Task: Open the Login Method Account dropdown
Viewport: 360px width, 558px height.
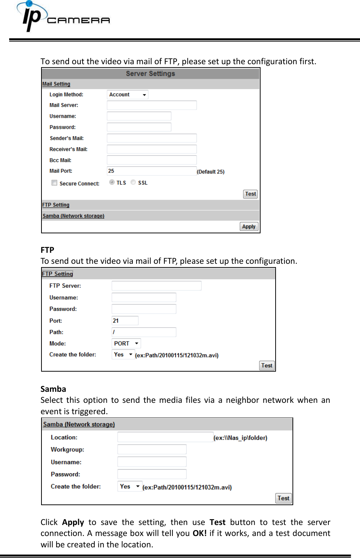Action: point(127,95)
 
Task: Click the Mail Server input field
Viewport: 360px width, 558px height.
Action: point(152,105)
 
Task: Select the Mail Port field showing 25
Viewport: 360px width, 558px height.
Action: point(152,171)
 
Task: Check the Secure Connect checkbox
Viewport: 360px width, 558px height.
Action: point(54,183)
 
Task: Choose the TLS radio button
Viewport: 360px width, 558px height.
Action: point(112,182)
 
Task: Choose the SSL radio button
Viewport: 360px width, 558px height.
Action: point(133,182)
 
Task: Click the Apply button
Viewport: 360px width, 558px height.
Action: point(249,226)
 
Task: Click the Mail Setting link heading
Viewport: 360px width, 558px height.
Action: point(56,84)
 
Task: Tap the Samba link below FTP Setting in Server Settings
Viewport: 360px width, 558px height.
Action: point(73,216)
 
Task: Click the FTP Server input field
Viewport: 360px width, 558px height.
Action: point(156,286)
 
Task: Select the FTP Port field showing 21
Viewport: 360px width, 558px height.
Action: point(125,321)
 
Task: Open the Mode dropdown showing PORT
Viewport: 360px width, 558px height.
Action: point(126,343)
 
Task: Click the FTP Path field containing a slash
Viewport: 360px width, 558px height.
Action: point(144,332)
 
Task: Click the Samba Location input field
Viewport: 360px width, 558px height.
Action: point(165,437)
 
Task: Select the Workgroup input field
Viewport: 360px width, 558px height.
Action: point(152,449)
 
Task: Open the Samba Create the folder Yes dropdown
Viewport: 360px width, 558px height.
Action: point(130,486)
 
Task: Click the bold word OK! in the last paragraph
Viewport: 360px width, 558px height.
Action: point(200,533)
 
